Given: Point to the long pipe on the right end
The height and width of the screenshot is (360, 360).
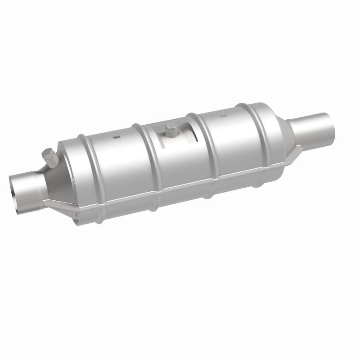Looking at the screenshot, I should point(310,126).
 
